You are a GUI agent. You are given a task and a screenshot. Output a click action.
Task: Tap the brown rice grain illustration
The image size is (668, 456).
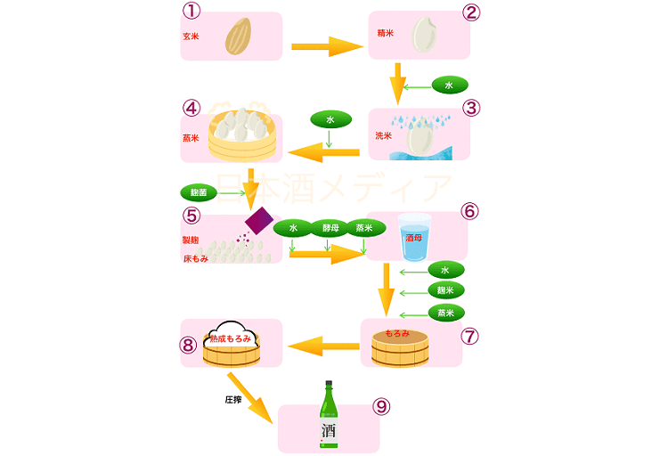coord(238,37)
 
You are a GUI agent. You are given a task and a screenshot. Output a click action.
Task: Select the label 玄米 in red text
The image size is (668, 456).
coord(191,37)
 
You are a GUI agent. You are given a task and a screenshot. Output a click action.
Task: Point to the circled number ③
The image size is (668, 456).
coord(471,109)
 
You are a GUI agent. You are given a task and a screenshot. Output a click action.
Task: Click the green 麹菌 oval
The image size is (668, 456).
coord(199,192)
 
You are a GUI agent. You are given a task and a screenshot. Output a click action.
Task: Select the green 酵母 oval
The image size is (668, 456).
coord(330,228)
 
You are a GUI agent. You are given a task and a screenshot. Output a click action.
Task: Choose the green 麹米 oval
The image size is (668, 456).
coord(445,291)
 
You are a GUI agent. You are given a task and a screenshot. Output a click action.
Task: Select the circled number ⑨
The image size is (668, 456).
coord(381,407)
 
